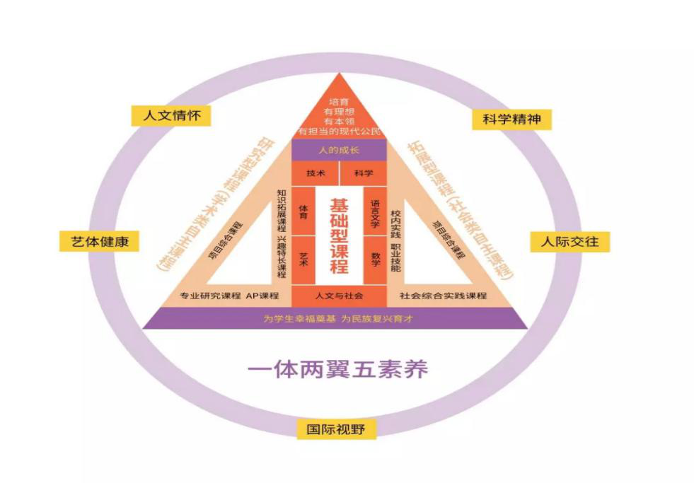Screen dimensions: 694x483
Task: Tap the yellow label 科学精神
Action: (x=511, y=119)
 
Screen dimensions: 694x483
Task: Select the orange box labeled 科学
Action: (x=364, y=173)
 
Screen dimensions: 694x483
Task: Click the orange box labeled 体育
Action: (x=303, y=210)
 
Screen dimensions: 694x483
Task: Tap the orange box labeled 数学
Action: (x=375, y=257)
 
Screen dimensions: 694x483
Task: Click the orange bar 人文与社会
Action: (x=339, y=295)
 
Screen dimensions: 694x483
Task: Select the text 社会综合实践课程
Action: (x=444, y=295)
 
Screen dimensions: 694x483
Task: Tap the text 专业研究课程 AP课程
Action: (x=229, y=295)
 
